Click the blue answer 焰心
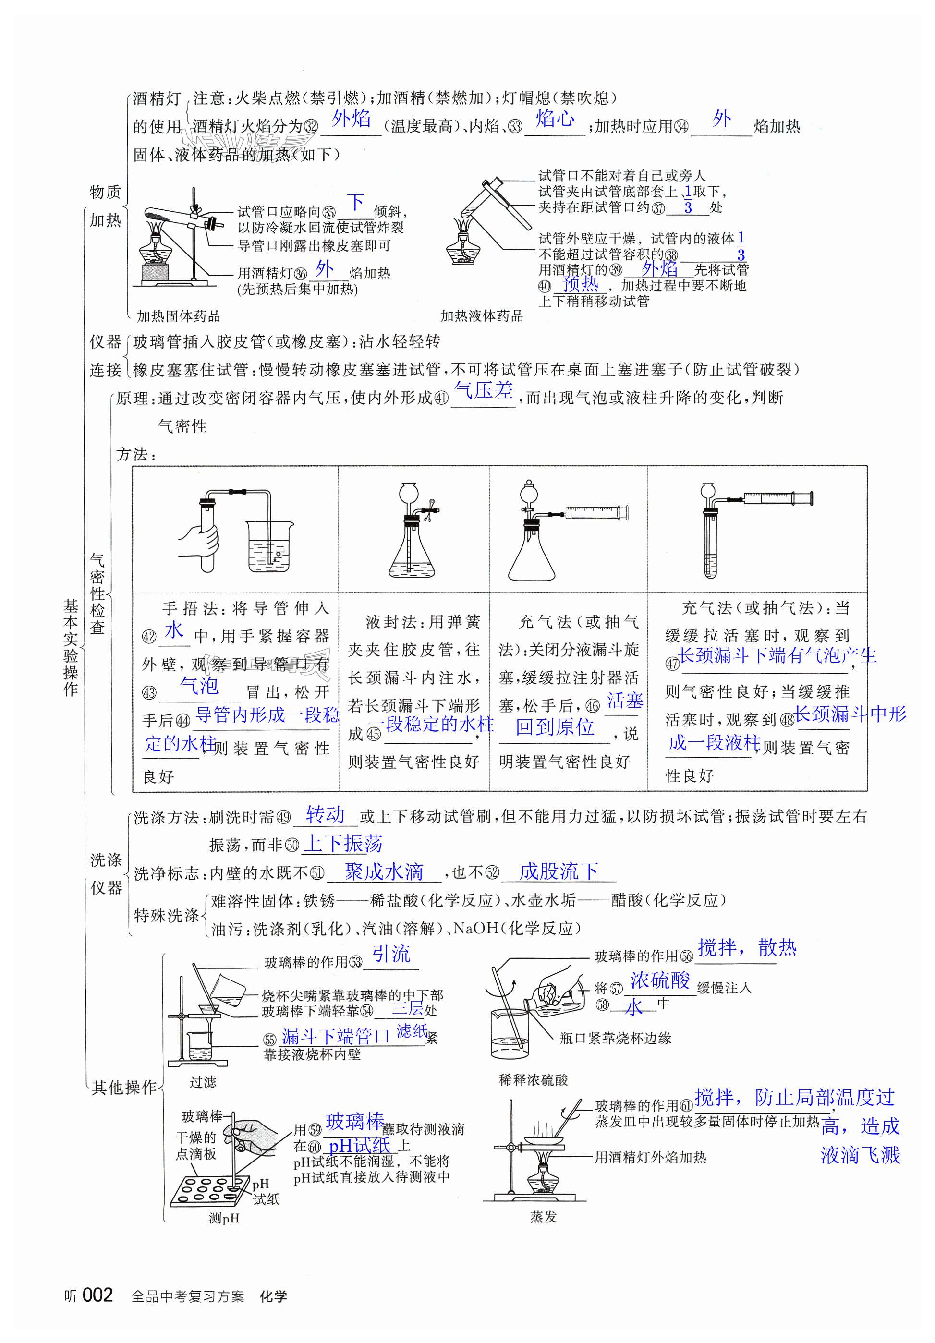click(555, 119)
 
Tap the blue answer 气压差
click(483, 390)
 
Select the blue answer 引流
click(391, 954)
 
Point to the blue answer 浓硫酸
click(660, 980)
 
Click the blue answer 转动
click(325, 814)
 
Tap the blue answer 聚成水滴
click(384, 871)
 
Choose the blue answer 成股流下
click(558, 871)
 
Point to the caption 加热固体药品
click(179, 316)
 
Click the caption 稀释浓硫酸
click(533, 1080)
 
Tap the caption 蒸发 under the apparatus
click(544, 1217)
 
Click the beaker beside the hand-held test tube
click(270, 547)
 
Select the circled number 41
click(441, 399)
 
